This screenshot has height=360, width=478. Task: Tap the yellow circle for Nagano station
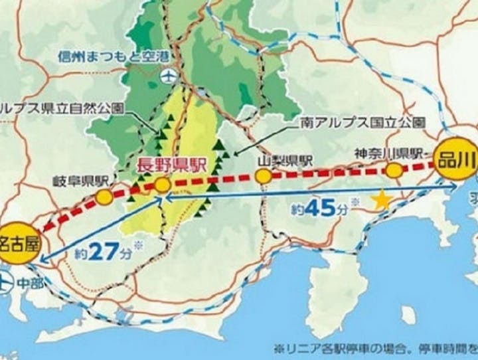pyautogui.click(x=163, y=186)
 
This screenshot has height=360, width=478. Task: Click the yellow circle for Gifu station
pyautogui.click(x=104, y=197)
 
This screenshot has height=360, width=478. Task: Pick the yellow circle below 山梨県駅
pyautogui.click(x=264, y=177)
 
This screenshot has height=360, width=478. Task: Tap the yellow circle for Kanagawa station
pyautogui.click(x=394, y=170)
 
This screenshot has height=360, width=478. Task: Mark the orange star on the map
pyautogui.click(x=381, y=199)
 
